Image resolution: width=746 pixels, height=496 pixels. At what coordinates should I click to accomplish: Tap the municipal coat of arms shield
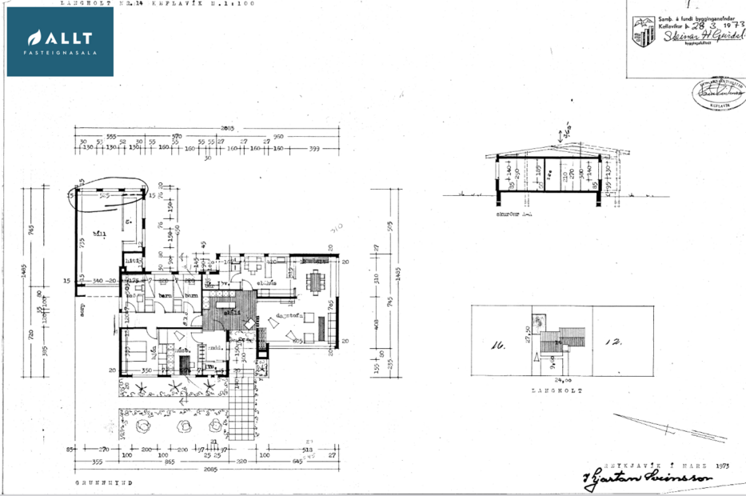pyautogui.click(x=642, y=31)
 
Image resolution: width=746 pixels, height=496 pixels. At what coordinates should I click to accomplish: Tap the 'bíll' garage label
pyautogui.click(x=101, y=234)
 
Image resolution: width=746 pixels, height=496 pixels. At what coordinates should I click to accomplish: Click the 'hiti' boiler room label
pyautogui.click(x=131, y=261)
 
